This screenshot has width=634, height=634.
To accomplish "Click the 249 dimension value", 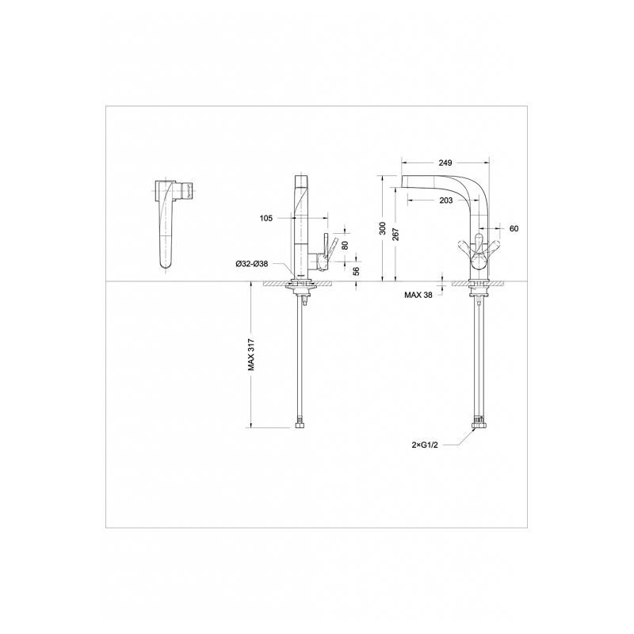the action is (x=445, y=162).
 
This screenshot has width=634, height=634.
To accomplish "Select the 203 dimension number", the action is (x=445, y=201).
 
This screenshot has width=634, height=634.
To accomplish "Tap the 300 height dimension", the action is (x=383, y=228).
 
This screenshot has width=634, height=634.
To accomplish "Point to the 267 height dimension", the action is (x=395, y=235).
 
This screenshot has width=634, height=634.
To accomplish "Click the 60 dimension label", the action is (x=514, y=229).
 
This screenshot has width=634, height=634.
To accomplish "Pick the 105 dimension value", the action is (x=266, y=219).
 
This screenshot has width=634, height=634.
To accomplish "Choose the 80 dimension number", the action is (x=345, y=245).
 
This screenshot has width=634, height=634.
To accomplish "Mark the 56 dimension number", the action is (x=356, y=271).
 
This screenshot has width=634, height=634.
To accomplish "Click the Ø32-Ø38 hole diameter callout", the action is (x=251, y=264).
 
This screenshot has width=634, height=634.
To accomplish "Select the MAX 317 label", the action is (x=251, y=354).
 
